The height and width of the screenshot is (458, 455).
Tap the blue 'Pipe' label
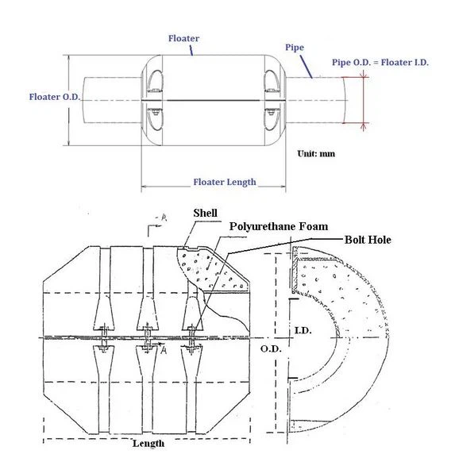[x=294, y=48]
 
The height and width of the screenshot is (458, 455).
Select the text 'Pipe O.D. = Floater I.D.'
[x=380, y=63]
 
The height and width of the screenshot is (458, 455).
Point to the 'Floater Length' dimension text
[x=225, y=182]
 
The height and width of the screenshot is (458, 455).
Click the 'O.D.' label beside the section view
[x=266, y=347]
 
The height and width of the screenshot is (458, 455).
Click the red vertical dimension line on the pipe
[x=364, y=100]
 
